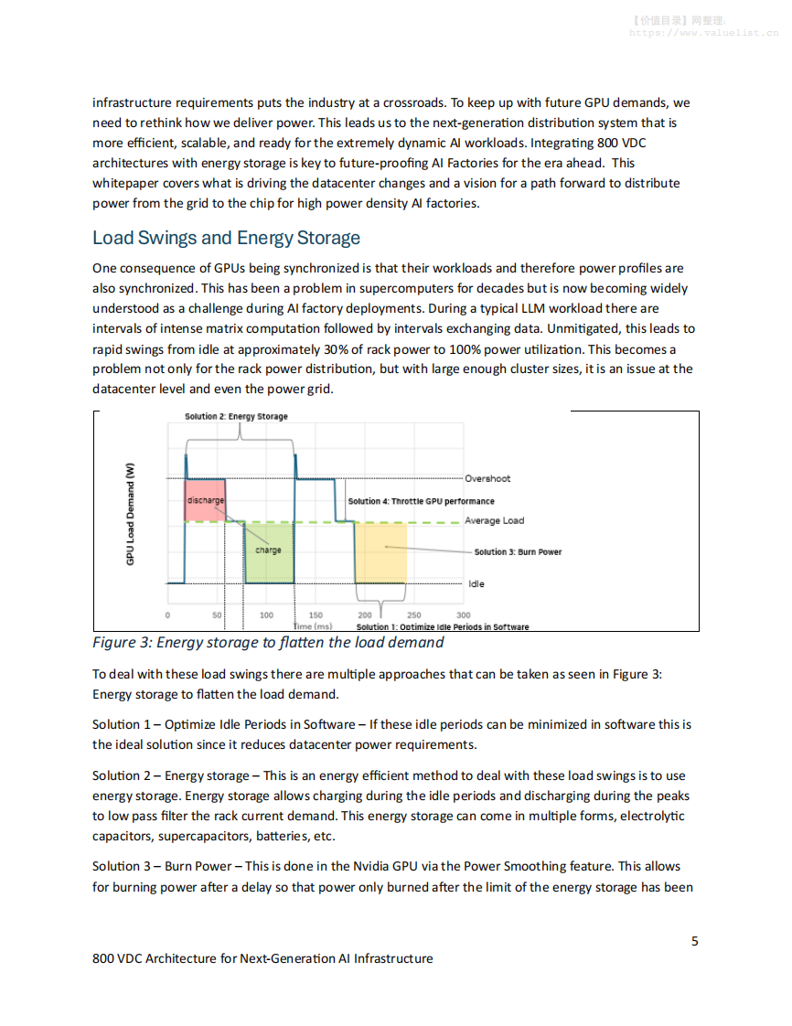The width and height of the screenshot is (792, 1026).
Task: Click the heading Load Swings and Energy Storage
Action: pyautogui.click(x=226, y=239)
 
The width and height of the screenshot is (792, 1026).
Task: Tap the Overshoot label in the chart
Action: pyautogui.click(x=487, y=478)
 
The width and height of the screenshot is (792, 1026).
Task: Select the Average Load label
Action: pyautogui.click(x=494, y=520)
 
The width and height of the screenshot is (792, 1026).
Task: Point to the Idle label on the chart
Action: pyautogui.click(x=476, y=583)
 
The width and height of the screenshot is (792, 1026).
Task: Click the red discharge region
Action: pyautogui.click(x=205, y=500)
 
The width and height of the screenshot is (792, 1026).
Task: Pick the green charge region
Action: pyautogui.click(x=268, y=550)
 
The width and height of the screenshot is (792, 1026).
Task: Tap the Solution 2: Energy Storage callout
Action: pyautogui.click(x=236, y=416)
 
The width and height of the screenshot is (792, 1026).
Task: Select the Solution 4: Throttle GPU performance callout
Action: pyautogui.click(x=421, y=501)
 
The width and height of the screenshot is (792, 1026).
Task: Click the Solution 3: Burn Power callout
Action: pyautogui.click(x=518, y=551)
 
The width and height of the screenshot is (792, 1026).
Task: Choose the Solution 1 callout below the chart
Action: pyautogui.click(x=442, y=626)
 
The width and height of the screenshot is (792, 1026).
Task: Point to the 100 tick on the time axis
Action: pyautogui.click(x=266, y=615)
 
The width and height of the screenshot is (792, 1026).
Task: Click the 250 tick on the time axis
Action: pyautogui.click(x=413, y=615)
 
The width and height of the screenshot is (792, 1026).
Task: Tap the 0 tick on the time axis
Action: pyautogui.click(x=167, y=615)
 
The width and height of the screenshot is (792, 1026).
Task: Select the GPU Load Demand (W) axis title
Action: pyautogui.click(x=130, y=515)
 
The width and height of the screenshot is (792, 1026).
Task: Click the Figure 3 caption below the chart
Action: pyautogui.click(x=268, y=642)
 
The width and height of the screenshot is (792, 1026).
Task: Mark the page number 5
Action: pyautogui.click(x=695, y=941)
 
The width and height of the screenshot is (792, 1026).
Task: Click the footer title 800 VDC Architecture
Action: pyautogui.click(x=262, y=958)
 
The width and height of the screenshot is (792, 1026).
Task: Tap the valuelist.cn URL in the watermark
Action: pyautogui.click(x=703, y=32)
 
